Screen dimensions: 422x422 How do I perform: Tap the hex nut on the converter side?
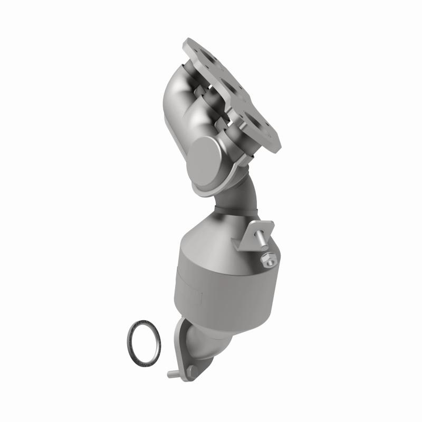click(267, 259)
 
